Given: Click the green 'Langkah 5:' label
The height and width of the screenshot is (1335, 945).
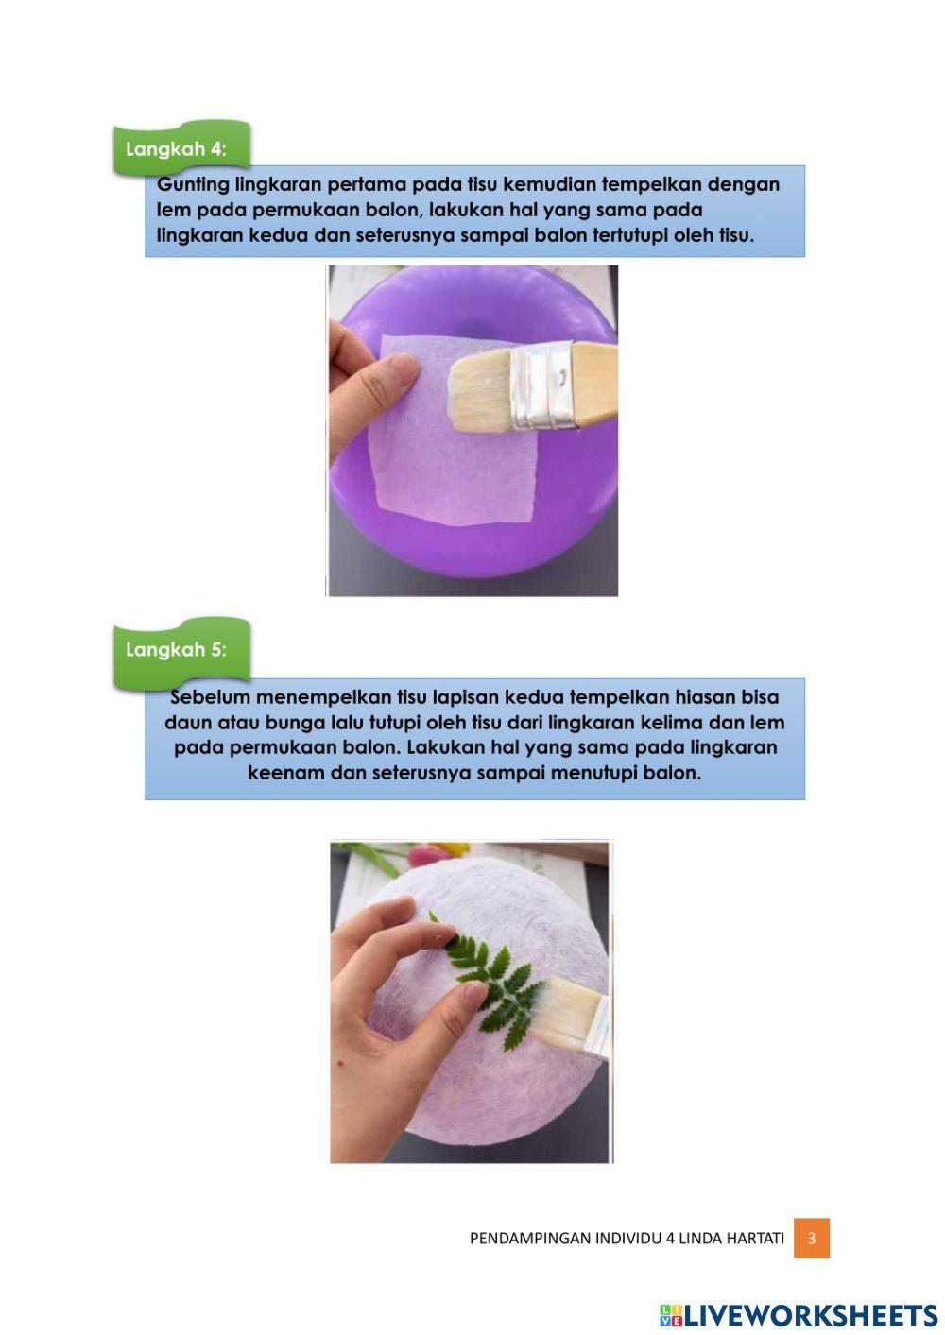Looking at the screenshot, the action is (x=181, y=650).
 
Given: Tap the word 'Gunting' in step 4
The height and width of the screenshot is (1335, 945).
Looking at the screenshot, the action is (x=193, y=185).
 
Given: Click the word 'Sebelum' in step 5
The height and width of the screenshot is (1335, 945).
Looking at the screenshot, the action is (x=211, y=696).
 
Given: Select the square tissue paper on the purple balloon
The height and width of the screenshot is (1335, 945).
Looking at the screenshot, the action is (x=453, y=429).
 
